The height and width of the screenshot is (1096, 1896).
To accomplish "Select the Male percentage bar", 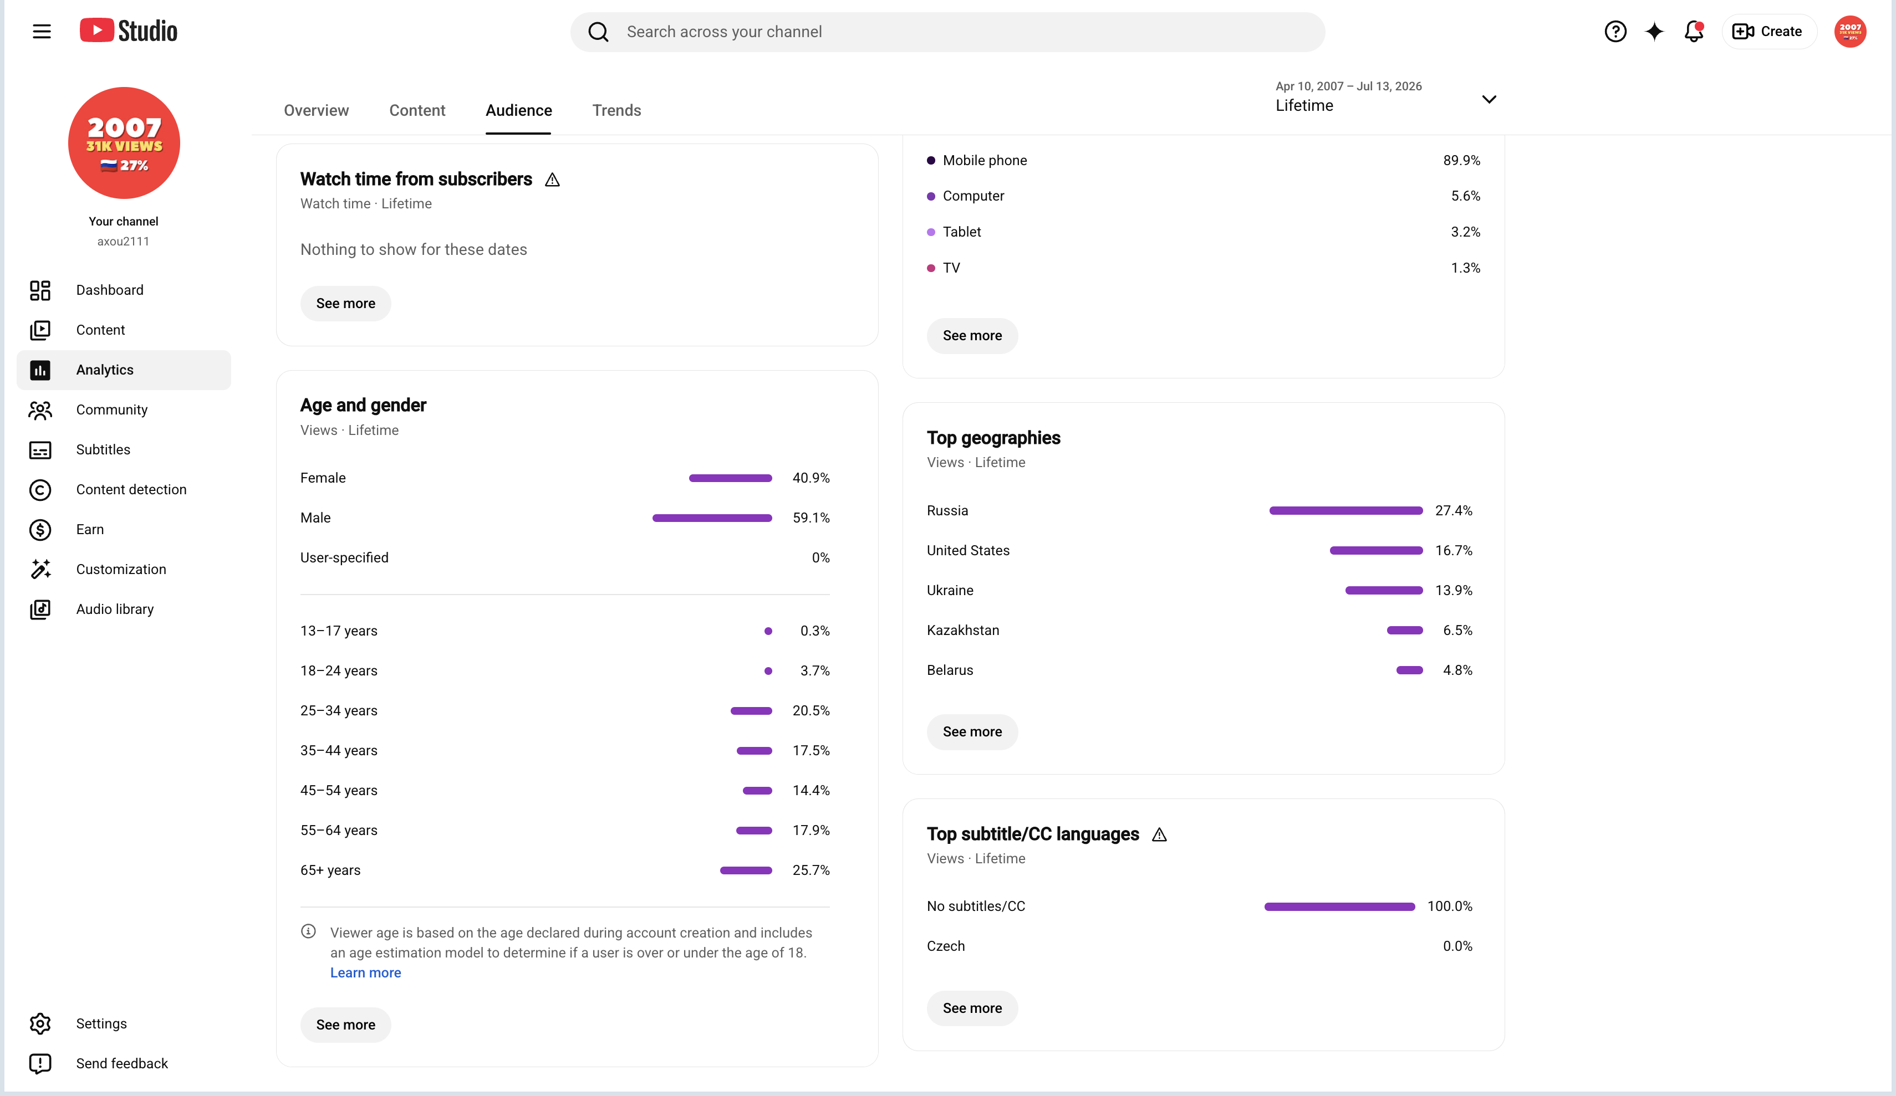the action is tap(712, 518).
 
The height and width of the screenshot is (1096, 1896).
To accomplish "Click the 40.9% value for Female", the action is tap(811, 478).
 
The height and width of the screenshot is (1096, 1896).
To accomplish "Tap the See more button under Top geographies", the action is tap(972, 731).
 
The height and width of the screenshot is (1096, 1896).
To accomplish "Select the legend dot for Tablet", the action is tap(931, 232).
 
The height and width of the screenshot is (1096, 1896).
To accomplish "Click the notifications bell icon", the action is tap(1694, 32).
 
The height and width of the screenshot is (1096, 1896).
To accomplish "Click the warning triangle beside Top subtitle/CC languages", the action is tap(1159, 834).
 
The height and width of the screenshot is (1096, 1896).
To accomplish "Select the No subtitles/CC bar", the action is tap(1339, 906).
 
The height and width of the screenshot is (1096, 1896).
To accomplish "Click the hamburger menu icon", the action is tap(42, 31).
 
